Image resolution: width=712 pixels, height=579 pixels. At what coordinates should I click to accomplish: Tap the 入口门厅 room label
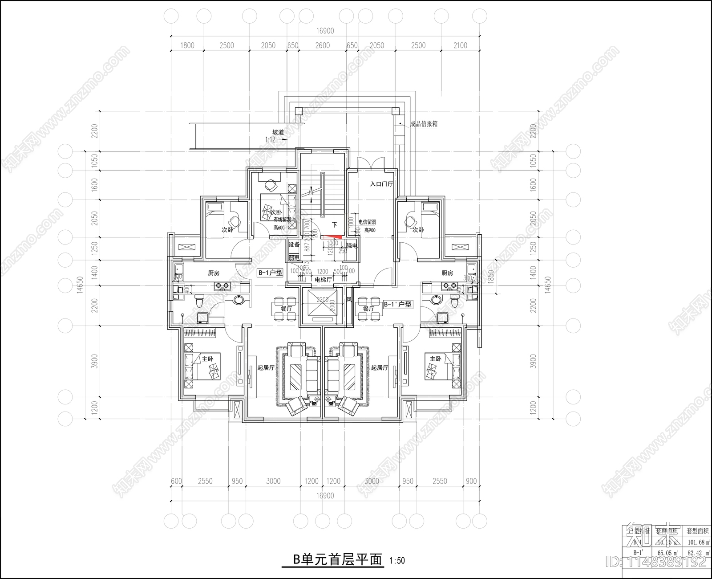tap(381, 184)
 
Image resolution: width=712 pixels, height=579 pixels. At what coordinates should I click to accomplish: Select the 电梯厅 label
tap(323, 280)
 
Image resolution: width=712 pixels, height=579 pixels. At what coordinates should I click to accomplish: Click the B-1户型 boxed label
tap(270, 273)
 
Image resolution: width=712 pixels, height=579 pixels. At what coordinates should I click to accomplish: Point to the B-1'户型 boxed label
tap(397, 305)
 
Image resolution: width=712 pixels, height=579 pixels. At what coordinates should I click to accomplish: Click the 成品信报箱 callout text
tap(424, 124)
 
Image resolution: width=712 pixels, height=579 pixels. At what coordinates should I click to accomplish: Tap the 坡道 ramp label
tap(279, 132)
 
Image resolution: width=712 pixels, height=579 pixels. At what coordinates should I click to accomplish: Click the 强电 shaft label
tap(352, 245)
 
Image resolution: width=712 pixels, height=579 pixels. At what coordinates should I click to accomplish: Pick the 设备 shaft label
tap(294, 245)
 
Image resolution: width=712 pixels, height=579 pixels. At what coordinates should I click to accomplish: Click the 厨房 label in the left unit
tap(214, 273)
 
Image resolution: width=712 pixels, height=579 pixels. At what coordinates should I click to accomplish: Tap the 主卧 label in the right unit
tap(435, 359)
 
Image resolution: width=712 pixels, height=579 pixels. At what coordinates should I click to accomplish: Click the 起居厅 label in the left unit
tap(266, 368)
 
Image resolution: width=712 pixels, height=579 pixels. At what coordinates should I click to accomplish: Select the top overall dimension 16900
tap(325, 31)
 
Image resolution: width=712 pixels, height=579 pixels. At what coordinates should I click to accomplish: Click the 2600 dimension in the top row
tap(323, 45)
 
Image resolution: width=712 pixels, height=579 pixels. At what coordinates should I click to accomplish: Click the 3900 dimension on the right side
tap(533, 362)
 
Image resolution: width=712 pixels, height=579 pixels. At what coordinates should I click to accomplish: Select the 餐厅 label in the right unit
tap(368, 309)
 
